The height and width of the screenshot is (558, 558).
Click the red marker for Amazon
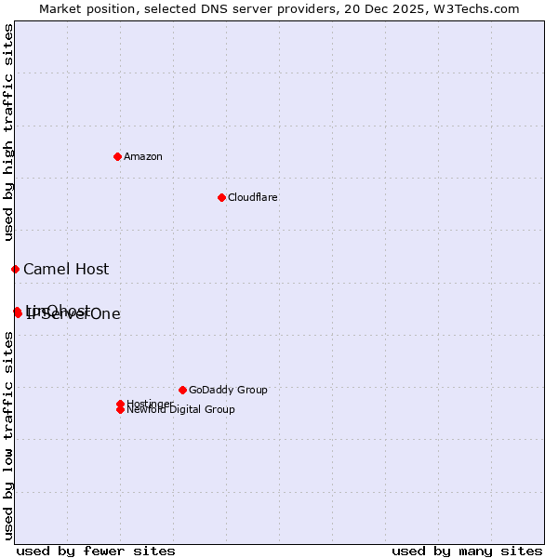coord(117,156)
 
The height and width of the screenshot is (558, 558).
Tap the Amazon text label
coord(143,156)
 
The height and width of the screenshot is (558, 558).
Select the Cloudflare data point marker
coord(221,197)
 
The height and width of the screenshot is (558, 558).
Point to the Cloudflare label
coord(253,197)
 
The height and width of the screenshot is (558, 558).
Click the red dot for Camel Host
coord(15,269)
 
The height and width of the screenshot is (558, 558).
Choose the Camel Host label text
coord(66,270)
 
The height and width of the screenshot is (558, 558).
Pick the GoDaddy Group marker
coord(182,390)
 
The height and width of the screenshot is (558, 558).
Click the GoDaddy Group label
coord(228,390)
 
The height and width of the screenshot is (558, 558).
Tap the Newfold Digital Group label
coord(181,410)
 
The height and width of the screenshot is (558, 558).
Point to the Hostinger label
coord(149,403)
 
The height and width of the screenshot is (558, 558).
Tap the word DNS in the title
coord(207,8)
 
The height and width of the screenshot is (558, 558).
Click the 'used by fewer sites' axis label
coord(96,551)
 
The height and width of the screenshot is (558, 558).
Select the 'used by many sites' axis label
coord(467,551)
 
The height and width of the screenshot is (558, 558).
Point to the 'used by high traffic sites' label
coord(8,130)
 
